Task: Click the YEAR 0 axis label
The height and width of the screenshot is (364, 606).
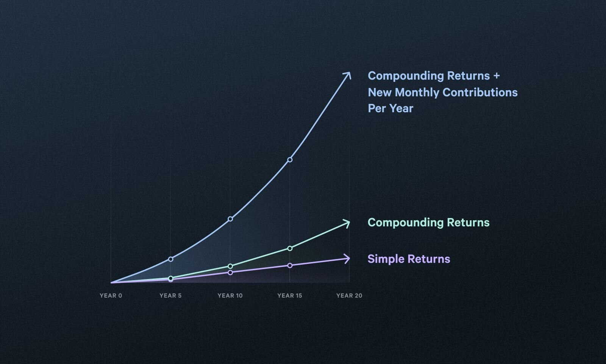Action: (x=111, y=295)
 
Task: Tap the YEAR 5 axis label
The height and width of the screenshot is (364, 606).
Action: (x=170, y=295)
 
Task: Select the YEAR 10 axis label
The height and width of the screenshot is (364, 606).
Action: (x=230, y=295)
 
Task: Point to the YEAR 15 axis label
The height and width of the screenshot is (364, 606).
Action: (x=290, y=295)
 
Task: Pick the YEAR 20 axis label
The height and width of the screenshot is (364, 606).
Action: (x=349, y=295)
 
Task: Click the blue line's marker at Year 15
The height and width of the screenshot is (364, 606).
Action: (x=290, y=160)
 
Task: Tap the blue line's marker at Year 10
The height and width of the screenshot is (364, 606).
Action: (x=230, y=219)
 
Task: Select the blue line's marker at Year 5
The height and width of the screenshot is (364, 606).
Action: (x=170, y=259)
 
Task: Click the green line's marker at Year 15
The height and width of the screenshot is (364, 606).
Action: (x=290, y=248)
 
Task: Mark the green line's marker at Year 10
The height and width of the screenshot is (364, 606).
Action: (x=230, y=266)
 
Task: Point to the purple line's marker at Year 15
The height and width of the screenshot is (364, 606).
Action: (x=290, y=265)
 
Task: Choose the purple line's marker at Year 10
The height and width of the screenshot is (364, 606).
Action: (x=230, y=272)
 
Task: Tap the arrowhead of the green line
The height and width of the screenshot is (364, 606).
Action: (x=347, y=223)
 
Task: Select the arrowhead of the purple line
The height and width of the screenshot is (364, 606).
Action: (x=347, y=259)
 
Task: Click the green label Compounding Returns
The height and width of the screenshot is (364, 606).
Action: (x=428, y=223)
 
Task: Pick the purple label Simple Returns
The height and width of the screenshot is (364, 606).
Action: (x=409, y=259)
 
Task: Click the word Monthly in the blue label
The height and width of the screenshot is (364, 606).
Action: (x=417, y=92)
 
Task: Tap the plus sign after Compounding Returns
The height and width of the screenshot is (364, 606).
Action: (x=496, y=76)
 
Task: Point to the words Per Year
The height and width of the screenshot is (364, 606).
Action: (x=390, y=108)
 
